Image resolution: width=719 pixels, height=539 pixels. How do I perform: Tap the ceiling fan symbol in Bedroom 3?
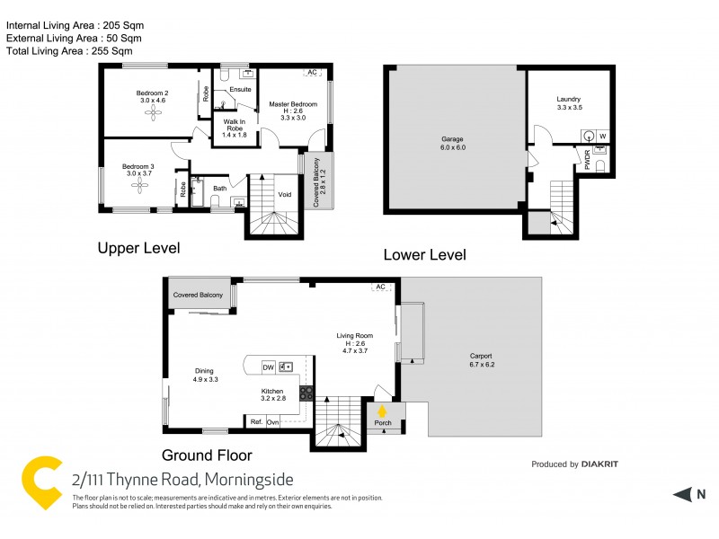[x=139, y=185]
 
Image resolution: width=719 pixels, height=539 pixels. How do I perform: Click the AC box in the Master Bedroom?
[x=313, y=72]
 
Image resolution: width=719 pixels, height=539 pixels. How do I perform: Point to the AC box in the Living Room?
[x=380, y=287]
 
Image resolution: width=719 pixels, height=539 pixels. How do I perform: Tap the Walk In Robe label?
[x=234, y=130]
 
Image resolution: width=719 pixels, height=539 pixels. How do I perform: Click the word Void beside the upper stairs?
[x=285, y=194]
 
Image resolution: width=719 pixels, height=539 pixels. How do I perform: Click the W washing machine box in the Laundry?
[x=603, y=137]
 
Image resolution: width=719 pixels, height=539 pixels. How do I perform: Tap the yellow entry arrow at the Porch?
[x=382, y=412]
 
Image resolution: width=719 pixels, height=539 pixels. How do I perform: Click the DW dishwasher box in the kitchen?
[x=268, y=367]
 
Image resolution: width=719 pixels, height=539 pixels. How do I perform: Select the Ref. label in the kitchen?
[x=256, y=421]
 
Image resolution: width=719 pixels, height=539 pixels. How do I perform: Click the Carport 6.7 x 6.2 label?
[x=482, y=359]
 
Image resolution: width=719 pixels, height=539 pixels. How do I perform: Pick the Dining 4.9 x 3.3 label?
[x=205, y=375]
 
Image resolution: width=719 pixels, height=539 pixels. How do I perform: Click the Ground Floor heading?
[x=207, y=455]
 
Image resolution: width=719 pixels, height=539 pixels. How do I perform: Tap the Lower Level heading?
[x=424, y=254]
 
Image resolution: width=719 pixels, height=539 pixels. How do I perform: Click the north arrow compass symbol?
[x=687, y=493]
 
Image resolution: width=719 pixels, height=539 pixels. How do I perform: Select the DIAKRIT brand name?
[x=599, y=464]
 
